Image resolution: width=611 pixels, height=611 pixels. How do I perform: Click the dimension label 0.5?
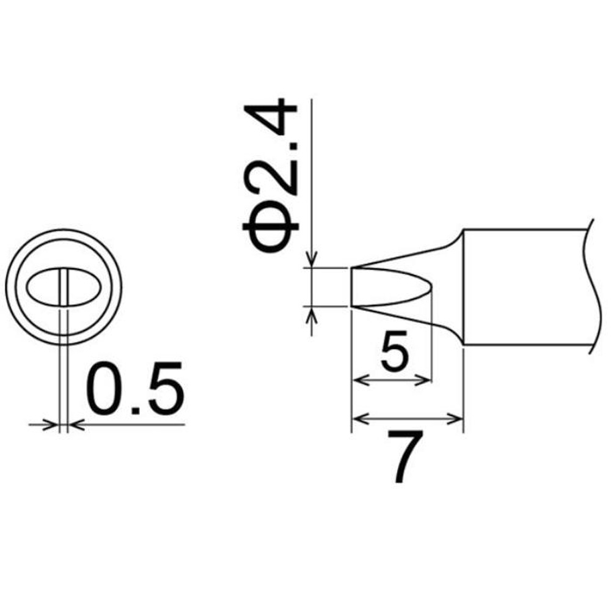point(135,387)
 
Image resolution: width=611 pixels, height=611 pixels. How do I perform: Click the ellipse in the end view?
point(26,287)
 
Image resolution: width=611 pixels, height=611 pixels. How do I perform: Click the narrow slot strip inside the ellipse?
point(64,287)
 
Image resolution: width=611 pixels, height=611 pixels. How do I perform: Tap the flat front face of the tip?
point(351,287)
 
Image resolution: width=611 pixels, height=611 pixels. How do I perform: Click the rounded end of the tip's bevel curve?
point(431,287)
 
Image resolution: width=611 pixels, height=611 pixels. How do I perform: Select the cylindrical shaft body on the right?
point(526,287)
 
